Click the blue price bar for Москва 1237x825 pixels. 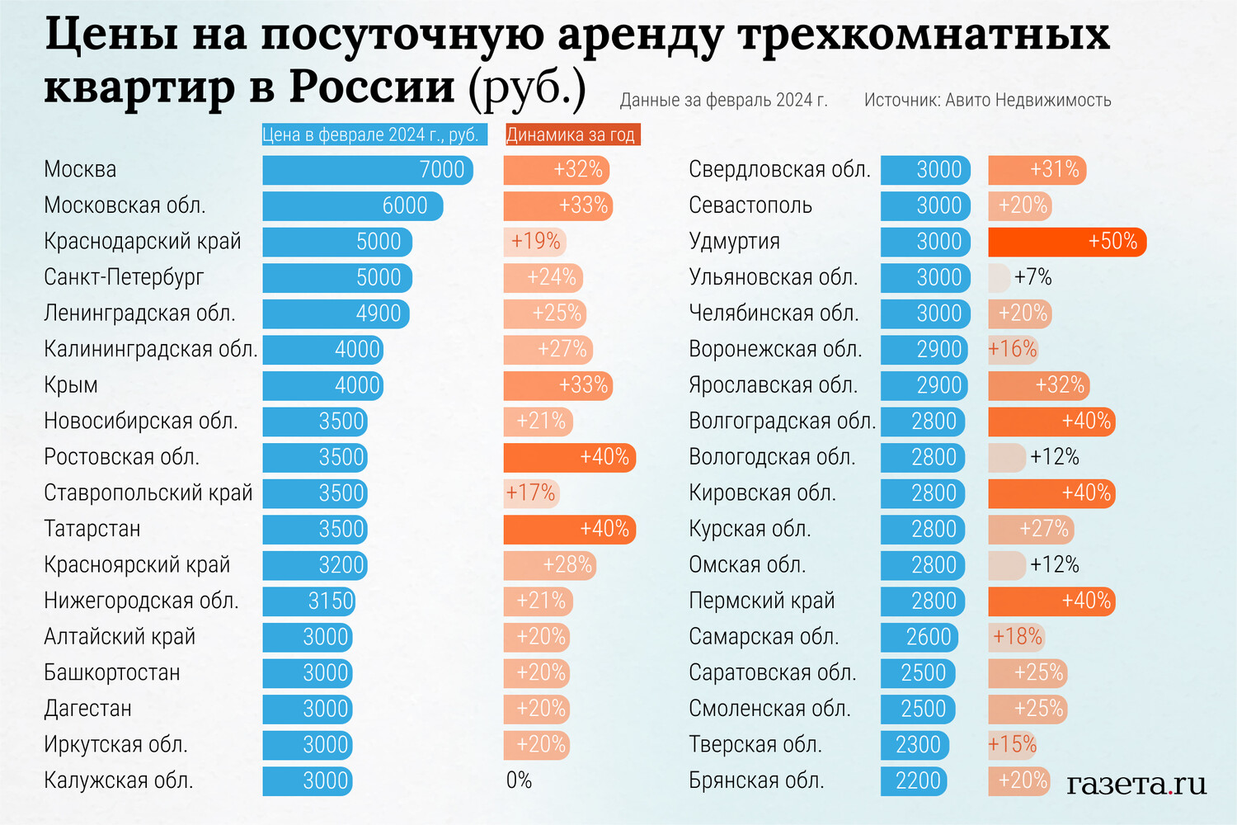coord(368,170)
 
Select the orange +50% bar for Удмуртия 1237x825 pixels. coord(1067,242)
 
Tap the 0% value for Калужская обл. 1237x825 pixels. coord(519,780)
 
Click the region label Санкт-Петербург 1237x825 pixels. coord(124,277)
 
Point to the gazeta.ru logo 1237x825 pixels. coord(1136,783)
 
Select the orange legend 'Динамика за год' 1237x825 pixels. coord(571,134)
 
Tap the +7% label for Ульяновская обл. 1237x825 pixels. coord(1032,277)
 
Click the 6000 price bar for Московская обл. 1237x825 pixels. coord(353,205)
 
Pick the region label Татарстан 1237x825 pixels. coord(92,529)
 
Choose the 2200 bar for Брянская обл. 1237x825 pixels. coord(914,780)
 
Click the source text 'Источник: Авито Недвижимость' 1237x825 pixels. coord(987,101)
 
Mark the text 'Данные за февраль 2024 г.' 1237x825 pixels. coord(723,101)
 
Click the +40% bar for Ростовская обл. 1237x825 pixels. coord(570,457)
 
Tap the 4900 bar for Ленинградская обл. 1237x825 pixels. coord(336,313)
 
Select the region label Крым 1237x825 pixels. coord(71,385)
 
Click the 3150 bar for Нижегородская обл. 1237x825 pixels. coord(309,601)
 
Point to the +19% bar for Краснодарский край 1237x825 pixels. coord(535,242)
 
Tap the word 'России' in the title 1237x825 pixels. coord(371,86)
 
